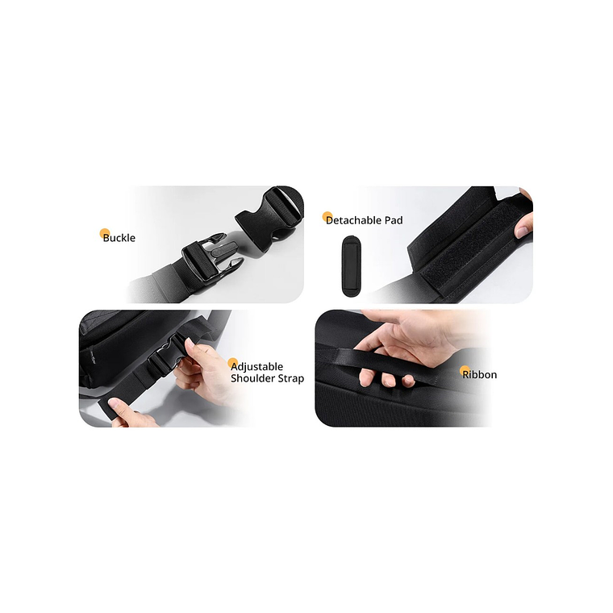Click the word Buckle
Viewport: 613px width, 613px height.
point(119,238)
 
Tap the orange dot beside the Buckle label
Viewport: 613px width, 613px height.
point(104,234)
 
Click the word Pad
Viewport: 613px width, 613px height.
point(394,220)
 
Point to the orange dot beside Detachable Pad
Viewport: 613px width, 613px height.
point(327,217)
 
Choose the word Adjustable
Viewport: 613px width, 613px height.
point(256,367)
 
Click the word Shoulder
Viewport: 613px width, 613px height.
point(252,378)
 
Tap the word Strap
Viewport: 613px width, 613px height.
point(290,378)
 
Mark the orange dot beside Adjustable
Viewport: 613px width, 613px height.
point(233,363)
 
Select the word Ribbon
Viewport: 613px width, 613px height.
point(480,374)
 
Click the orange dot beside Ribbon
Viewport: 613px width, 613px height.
point(465,371)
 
